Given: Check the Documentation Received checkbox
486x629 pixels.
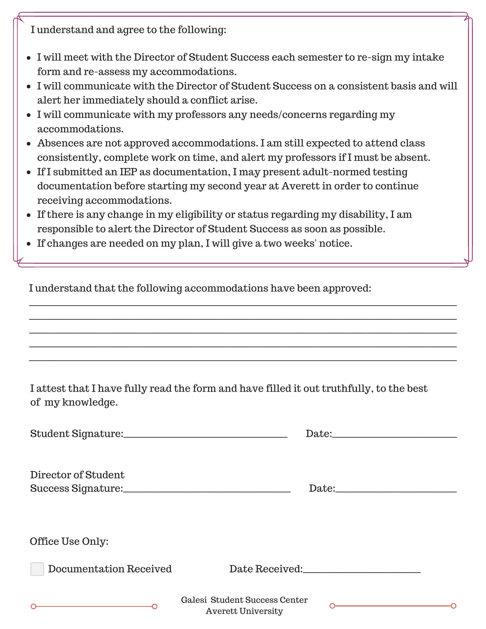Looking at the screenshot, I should click(x=37, y=569).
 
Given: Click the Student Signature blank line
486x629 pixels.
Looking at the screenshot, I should click(x=205, y=436).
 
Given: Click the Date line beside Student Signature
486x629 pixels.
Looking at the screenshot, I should click(x=394, y=436).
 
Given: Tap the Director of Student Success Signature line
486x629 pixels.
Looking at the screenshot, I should click(x=207, y=490).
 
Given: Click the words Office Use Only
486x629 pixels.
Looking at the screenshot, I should click(x=69, y=542).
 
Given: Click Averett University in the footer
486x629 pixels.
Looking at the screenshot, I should click(x=244, y=611).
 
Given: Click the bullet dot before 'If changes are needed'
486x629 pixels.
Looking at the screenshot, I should click(x=29, y=244).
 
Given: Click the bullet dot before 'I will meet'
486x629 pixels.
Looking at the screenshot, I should click(x=29, y=58).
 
